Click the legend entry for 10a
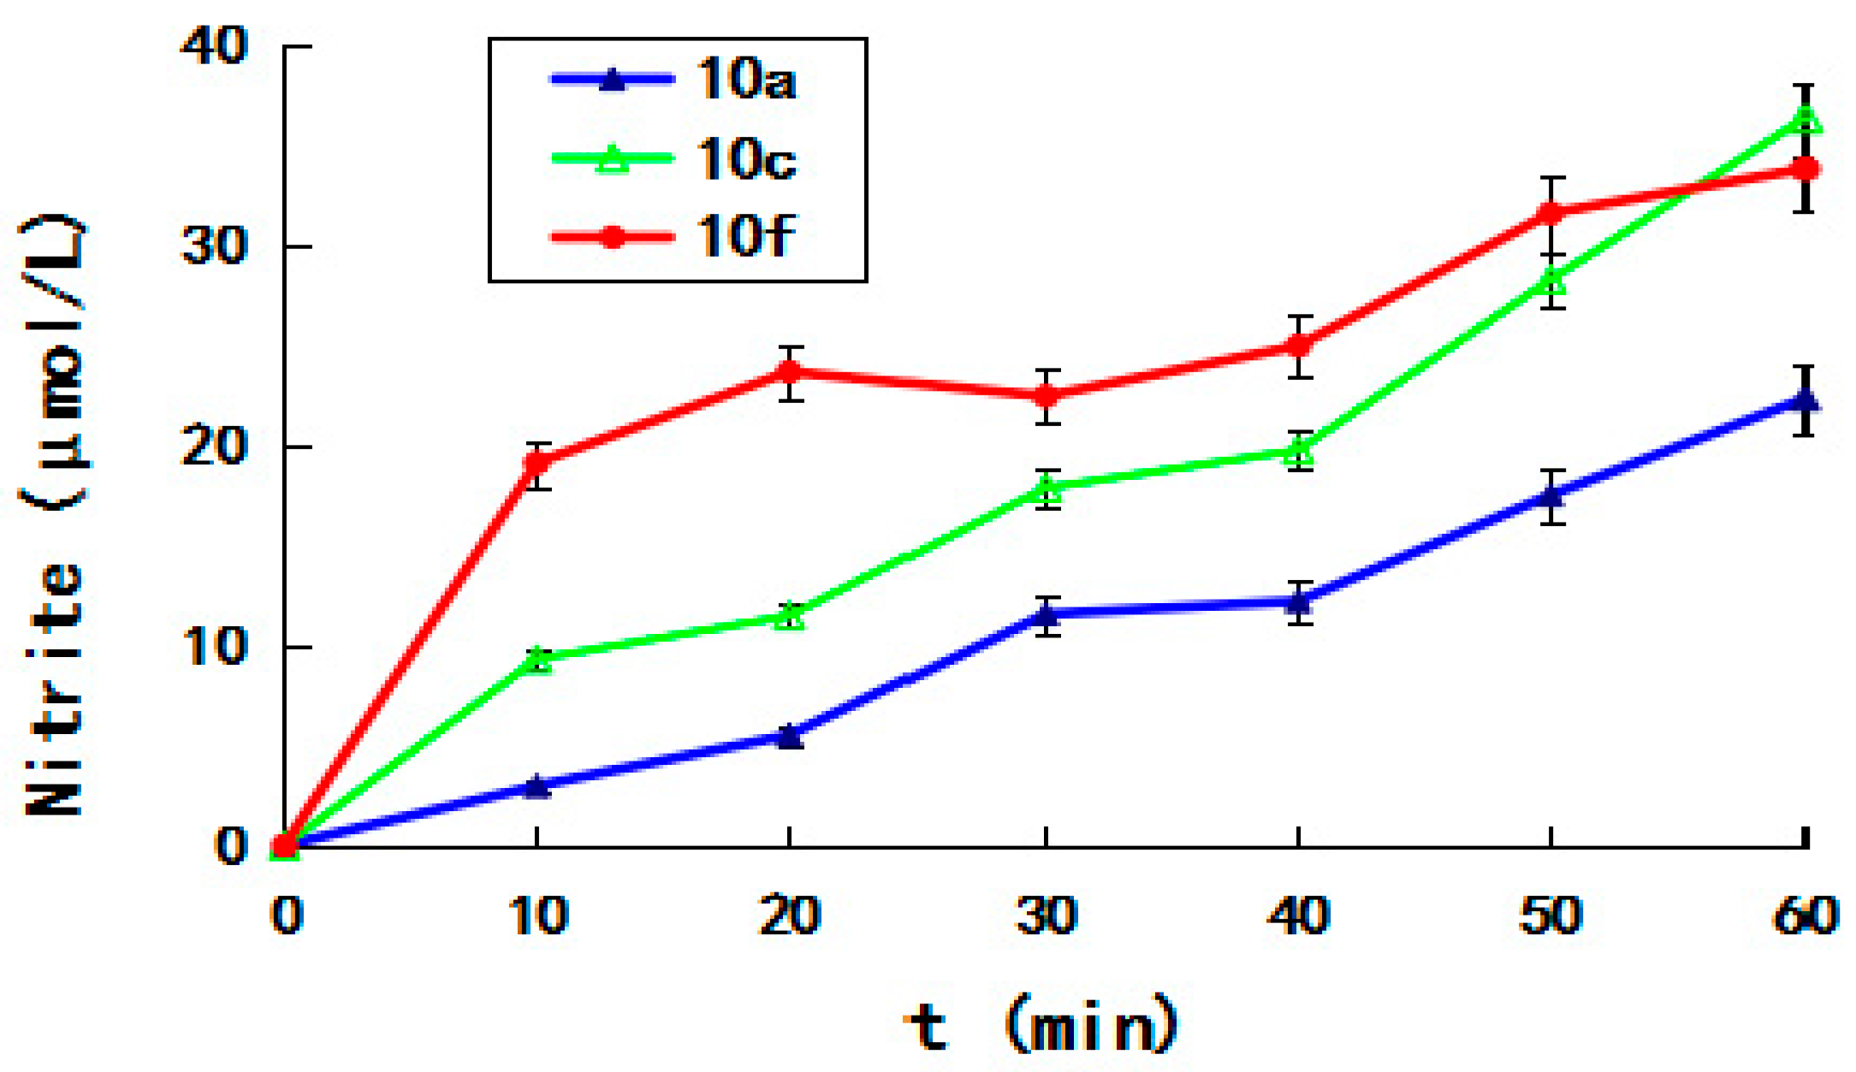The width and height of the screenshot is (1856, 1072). click(676, 80)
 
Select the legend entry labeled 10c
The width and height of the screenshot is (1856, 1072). click(676, 158)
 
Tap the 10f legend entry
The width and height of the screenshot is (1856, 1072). click(676, 235)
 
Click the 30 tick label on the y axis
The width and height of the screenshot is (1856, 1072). click(214, 246)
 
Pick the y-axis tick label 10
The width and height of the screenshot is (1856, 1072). click(214, 646)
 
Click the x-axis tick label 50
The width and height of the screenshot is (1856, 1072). click(1551, 915)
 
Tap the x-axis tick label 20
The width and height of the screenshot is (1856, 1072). click(789, 915)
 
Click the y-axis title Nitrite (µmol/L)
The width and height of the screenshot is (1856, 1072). click(53, 513)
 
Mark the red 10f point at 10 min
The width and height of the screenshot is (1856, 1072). click(537, 464)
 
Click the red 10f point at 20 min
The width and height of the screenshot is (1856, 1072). click(790, 372)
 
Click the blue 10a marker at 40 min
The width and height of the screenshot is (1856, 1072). click(1299, 602)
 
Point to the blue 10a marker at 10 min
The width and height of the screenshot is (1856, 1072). click(537, 785)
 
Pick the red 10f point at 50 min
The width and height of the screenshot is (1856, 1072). click(1551, 212)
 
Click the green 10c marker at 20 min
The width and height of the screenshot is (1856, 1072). click(790, 616)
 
